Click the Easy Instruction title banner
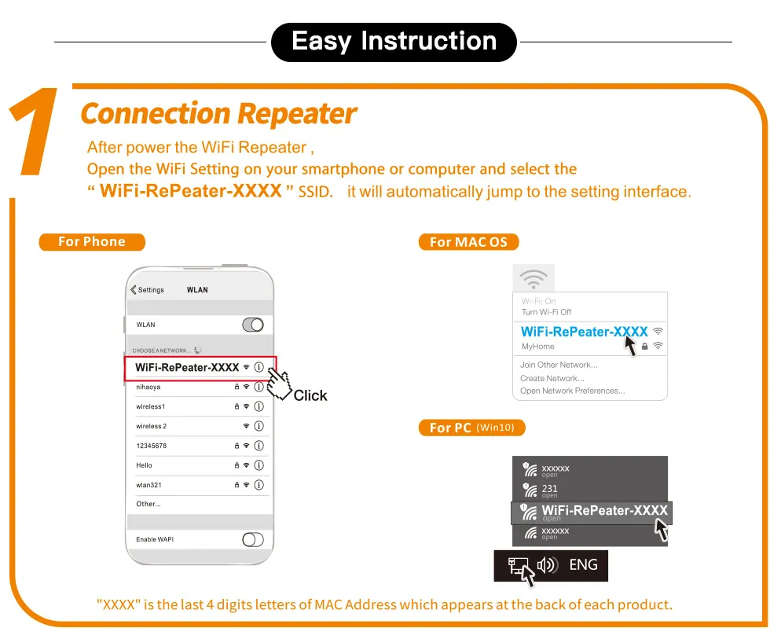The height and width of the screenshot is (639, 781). pos(394,42)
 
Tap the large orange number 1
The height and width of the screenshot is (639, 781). pos(35,134)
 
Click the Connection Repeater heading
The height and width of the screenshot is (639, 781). pos(218,114)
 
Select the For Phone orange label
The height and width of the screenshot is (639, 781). pos(92,242)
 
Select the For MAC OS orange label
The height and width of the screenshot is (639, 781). pos(468,242)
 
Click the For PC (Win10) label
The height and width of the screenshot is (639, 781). pos(471,428)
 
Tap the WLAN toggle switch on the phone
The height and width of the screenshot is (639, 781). pos(252,325)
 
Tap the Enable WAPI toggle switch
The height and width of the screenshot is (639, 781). pos(252,539)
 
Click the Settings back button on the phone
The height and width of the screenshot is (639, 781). pos(148,290)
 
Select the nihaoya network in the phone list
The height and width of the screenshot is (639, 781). pos(148,387)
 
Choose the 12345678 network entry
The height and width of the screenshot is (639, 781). pos(151,446)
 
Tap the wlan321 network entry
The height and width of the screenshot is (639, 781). pos(149,485)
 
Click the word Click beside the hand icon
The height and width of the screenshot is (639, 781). pos(310,395)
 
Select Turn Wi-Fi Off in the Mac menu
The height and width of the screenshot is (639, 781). pos(546,312)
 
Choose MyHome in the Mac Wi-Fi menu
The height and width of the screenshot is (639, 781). pos(538,347)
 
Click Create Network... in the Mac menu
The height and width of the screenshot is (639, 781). pos(552,378)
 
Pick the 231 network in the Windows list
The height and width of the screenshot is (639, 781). pos(550,489)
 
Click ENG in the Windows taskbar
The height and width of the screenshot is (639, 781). pos(582,564)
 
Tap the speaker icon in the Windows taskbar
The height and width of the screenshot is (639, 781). pos(547,565)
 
